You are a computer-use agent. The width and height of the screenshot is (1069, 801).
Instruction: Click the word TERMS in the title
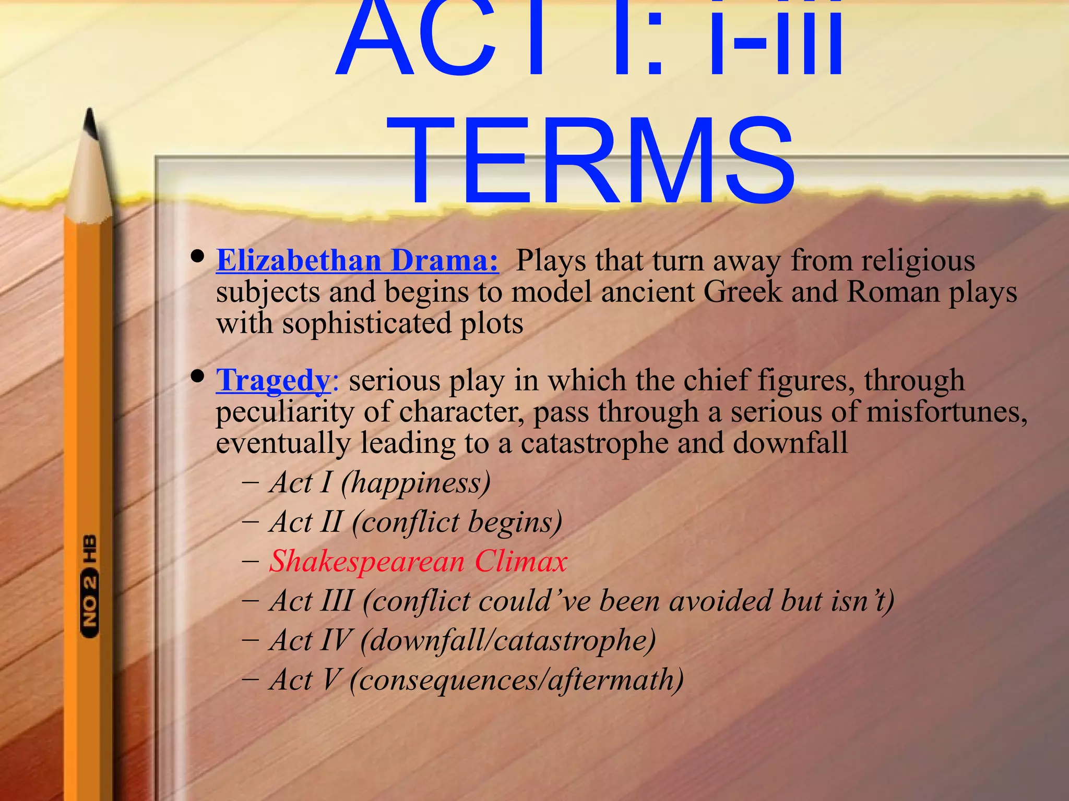pos(598,162)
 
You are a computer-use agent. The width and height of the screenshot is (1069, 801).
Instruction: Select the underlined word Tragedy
pos(273,380)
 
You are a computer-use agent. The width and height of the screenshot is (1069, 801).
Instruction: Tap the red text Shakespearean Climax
pos(418,561)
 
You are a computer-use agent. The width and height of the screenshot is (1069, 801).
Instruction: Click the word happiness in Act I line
pos(415,482)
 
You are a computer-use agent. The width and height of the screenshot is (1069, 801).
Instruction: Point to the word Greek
pos(743,292)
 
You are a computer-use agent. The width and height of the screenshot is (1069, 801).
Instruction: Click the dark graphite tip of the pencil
pos(91,123)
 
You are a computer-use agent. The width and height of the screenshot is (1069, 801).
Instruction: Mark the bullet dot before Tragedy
pos(197,376)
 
